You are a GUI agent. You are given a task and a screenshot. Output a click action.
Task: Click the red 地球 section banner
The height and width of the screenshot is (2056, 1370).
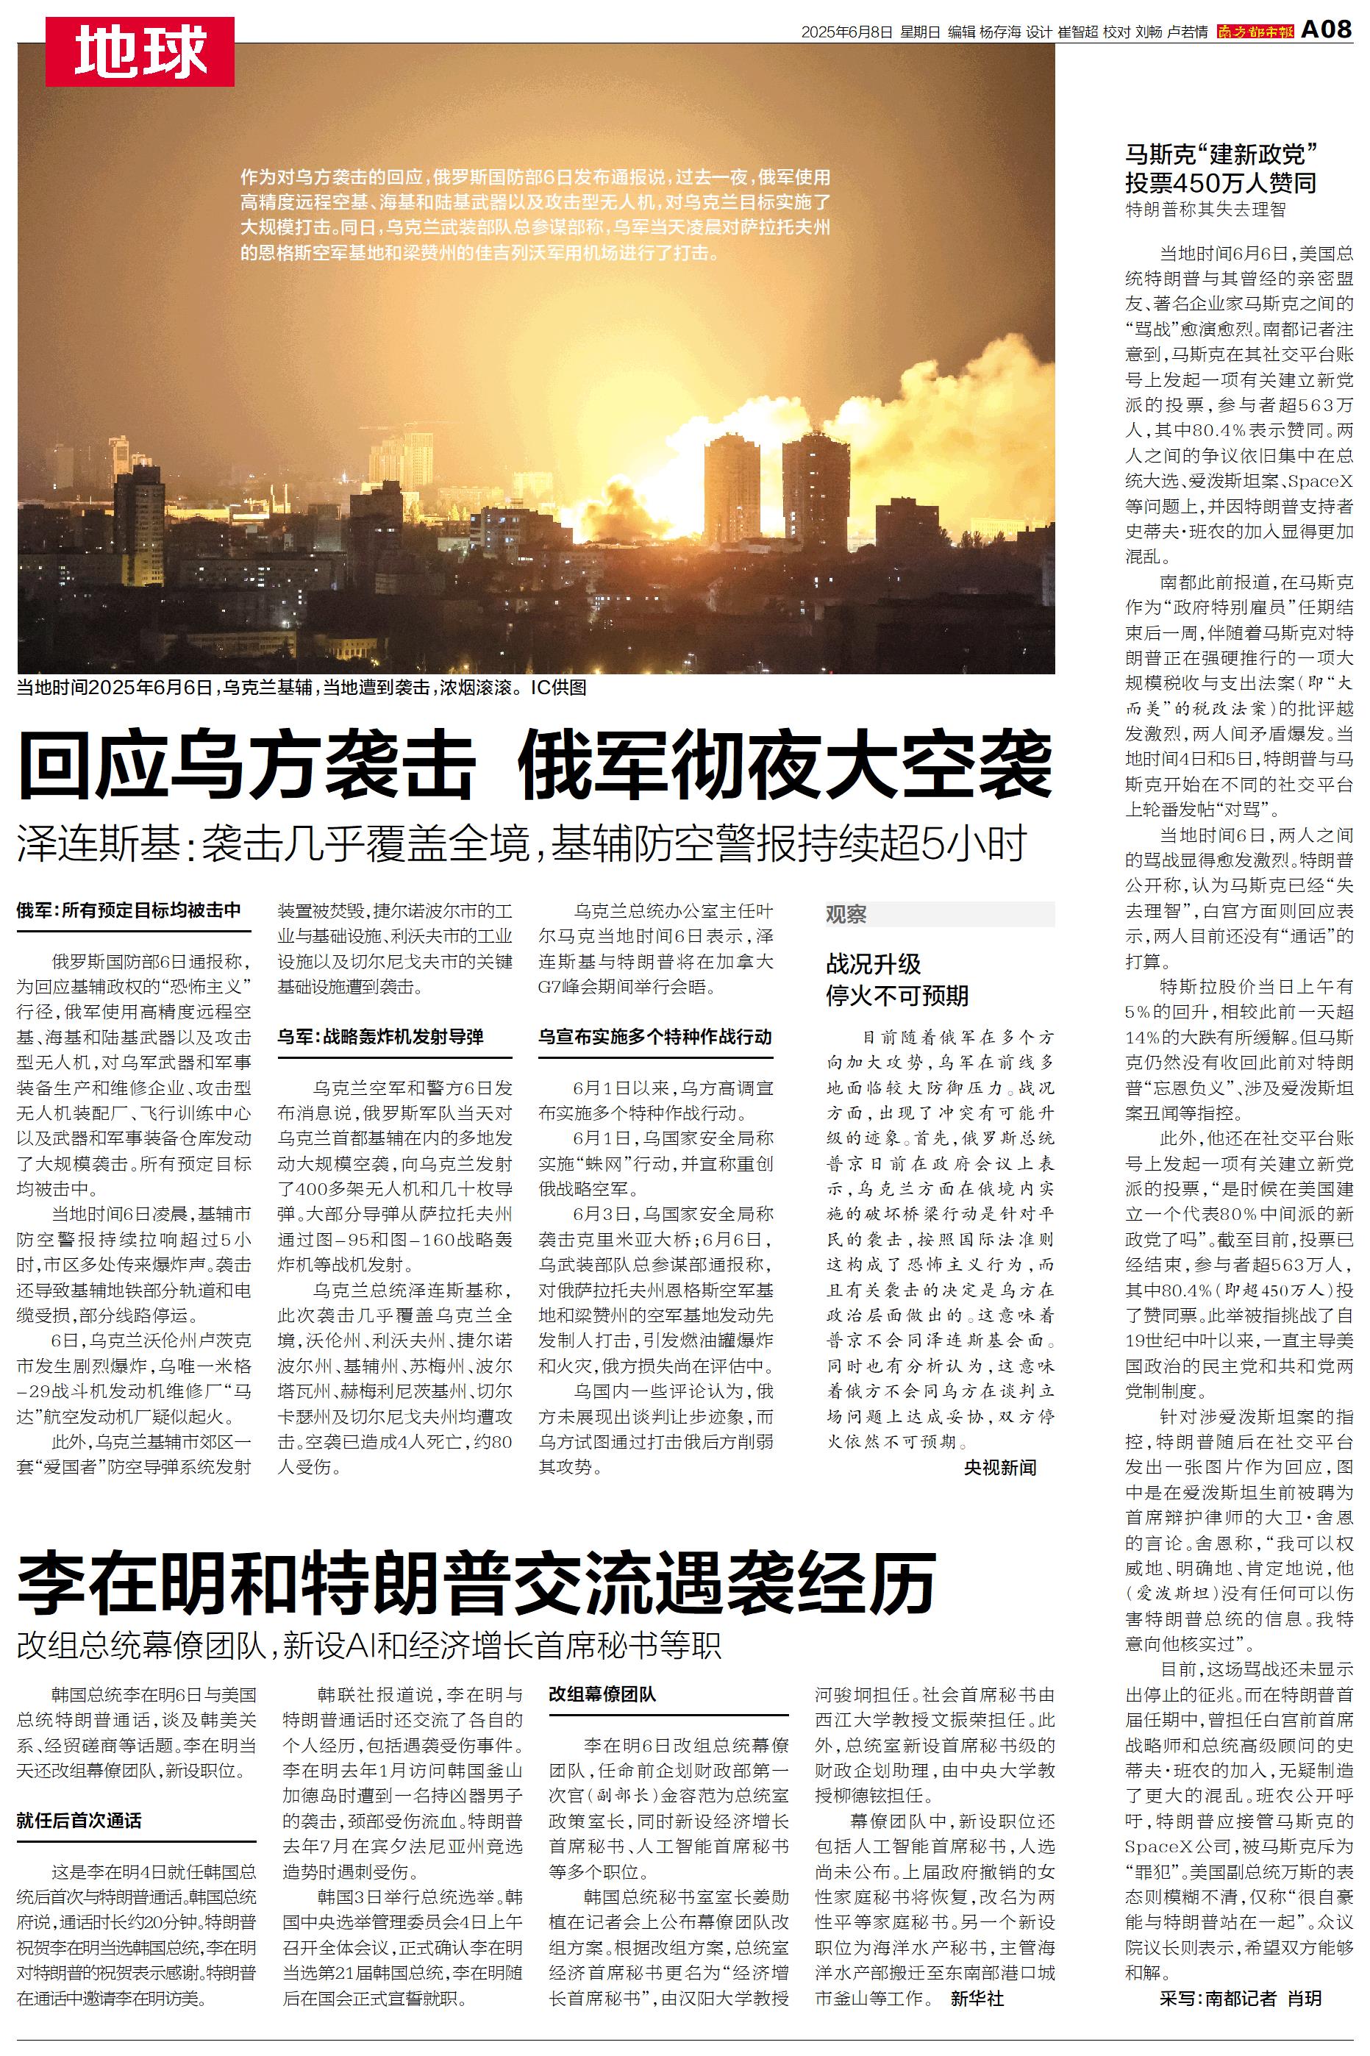pos(140,51)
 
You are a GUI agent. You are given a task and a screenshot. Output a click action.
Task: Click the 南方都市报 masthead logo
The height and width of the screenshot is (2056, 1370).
pos(1255,32)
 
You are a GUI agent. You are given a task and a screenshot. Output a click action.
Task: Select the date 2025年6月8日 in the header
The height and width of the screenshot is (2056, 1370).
pos(846,32)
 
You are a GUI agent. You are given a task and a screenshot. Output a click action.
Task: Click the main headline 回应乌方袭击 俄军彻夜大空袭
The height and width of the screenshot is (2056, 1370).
pos(535,766)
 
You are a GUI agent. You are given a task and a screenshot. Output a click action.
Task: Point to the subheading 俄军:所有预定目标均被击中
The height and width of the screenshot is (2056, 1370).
pos(129,911)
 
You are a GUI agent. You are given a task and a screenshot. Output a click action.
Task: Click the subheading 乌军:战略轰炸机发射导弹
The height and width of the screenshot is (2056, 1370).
pos(380,1037)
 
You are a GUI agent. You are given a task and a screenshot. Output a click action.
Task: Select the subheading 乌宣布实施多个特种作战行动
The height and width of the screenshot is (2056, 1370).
pos(654,1037)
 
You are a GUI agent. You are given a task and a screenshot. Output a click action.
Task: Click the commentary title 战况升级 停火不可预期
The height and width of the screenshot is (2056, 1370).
pos(897,980)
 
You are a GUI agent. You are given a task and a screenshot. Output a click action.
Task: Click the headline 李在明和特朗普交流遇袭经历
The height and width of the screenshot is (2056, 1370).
pos(477,1582)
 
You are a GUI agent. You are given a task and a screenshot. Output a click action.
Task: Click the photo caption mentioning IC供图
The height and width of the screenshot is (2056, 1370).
pos(302,688)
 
